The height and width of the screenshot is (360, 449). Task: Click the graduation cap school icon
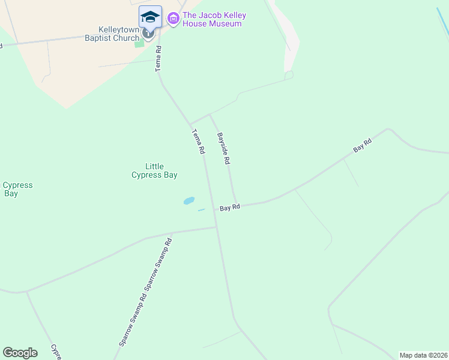[x=150, y=16]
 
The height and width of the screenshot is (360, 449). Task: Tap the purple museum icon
[x=173, y=19]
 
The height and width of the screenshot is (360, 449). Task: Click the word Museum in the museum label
[x=221, y=24]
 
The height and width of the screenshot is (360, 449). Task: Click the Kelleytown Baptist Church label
[x=119, y=34]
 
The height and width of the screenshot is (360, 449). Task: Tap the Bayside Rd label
[x=224, y=149]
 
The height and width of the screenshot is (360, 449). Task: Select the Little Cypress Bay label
[x=154, y=171]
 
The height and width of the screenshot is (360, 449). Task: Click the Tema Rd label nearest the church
[x=159, y=62]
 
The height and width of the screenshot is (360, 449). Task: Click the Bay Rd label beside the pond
[x=230, y=208]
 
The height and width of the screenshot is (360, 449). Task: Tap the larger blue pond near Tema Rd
[x=189, y=200]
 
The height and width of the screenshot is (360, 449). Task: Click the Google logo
[x=20, y=353]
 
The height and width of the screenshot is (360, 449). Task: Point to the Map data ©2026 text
[x=423, y=355]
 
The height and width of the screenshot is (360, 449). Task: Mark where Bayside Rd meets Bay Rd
[x=237, y=205]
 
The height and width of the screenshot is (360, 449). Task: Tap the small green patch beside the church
[x=139, y=43]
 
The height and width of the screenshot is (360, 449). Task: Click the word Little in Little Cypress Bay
[x=155, y=167]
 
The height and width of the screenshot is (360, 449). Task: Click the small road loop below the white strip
[x=289, y=75]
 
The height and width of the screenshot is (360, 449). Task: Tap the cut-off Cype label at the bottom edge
[x=56, y=352]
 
